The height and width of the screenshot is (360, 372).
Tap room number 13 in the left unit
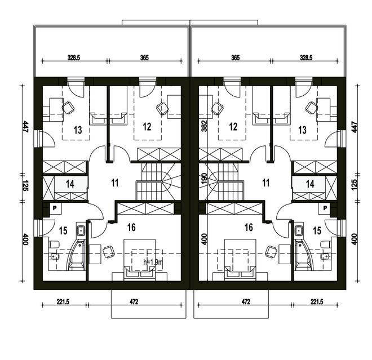[77, 130]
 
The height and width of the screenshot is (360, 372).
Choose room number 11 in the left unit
[115, 183]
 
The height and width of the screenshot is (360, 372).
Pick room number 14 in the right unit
[310, 183]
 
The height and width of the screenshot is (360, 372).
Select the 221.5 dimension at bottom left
[64, 302]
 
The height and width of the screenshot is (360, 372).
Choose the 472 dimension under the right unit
[246, 302]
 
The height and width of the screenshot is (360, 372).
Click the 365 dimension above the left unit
[144, 57]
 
